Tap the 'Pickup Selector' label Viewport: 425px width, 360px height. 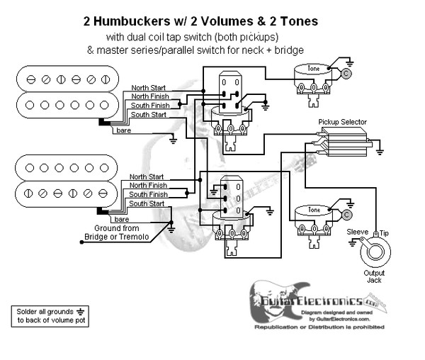343,122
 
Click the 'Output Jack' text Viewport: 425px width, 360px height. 374,277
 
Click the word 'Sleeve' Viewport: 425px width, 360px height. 357,232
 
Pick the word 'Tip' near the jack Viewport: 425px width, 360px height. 384,232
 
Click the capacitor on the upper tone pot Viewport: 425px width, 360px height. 346,73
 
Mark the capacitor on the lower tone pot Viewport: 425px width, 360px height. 346,214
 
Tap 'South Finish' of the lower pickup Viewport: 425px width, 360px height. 148,194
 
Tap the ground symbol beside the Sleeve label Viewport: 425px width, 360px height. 352,243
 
